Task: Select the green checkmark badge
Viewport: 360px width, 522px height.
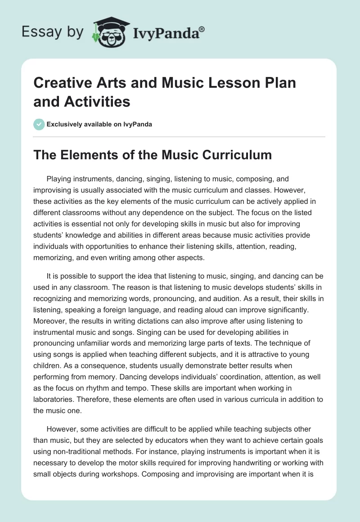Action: (x=39, y=124)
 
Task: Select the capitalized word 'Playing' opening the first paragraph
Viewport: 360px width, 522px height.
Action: (x=60, y=179)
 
